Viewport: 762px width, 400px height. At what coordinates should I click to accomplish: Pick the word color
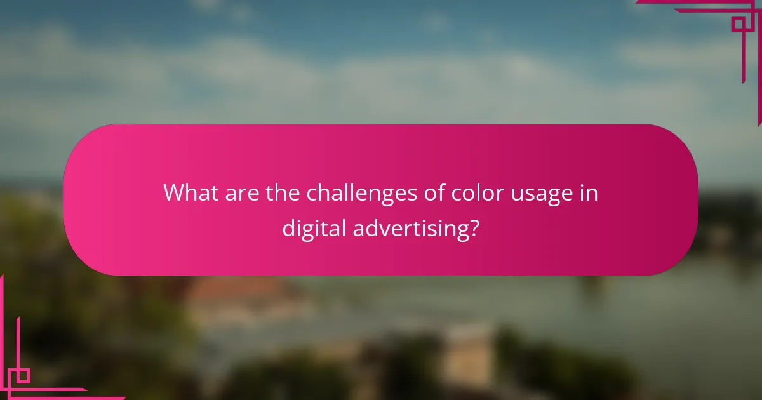click(473, 193)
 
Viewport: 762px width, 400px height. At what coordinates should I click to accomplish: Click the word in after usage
click(589, 193)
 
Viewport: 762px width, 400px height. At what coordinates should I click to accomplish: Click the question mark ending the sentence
click(472, 229)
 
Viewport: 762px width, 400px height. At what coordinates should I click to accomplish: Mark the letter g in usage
click(551, 196)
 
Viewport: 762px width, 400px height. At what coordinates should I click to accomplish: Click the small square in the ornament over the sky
click(738, 25)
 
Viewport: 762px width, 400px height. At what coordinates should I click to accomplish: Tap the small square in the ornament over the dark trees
click(23, 376)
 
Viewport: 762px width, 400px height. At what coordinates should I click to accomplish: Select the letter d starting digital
click(288, 229)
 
